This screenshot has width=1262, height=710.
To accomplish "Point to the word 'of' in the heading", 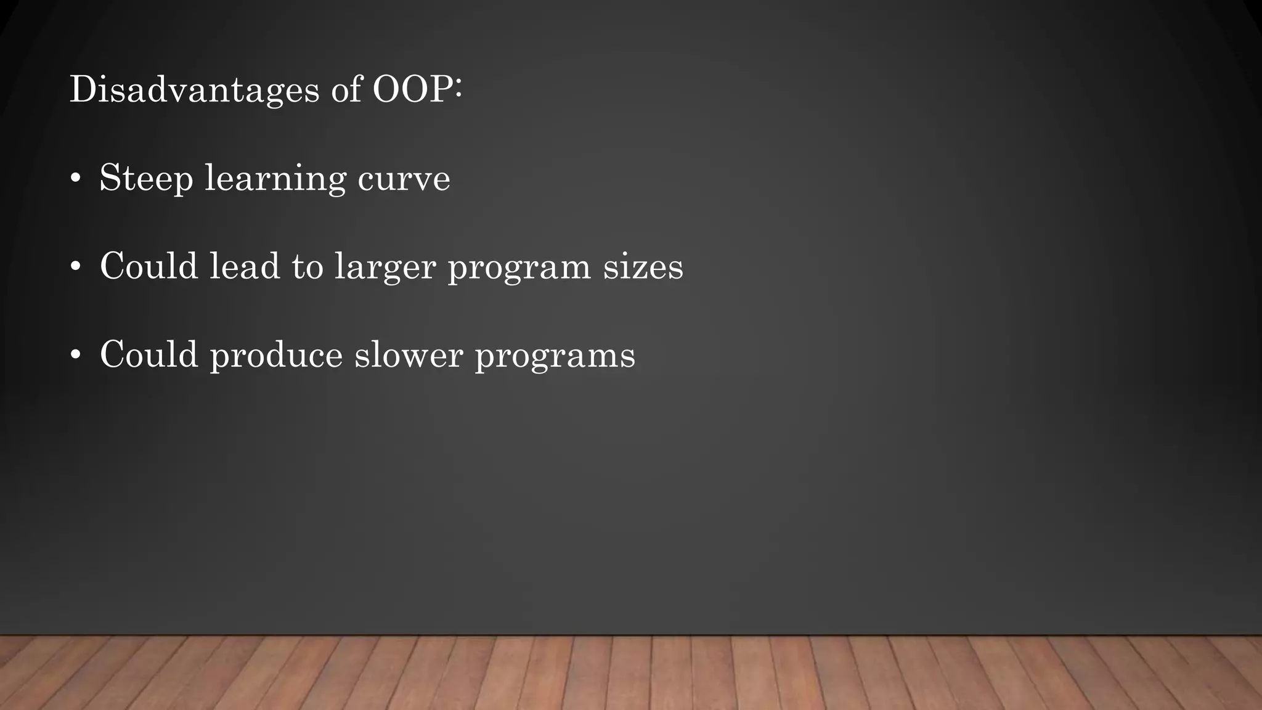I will [x=346, y=90].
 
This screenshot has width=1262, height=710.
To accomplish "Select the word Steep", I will [x=146, y=179].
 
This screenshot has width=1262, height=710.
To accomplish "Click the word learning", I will [x=275, y=179].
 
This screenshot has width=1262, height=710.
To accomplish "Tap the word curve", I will [x=404, y=179].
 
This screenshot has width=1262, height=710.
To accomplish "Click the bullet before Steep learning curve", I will [x=75, y=179].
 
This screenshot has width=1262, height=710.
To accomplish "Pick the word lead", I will [x=245, y=267].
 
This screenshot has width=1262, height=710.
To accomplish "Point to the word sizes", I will [x=643, y=267].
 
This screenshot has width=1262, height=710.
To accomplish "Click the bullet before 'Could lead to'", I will [x=75, y=267].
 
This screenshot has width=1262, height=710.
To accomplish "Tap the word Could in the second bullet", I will [x=149, y=267].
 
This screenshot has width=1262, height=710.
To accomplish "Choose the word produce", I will [x=276, y=356].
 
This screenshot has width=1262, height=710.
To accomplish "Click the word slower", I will [x=408, y=356].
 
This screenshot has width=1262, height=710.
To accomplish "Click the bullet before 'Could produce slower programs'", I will [x=75, y=356].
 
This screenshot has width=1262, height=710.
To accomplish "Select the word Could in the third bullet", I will [x=149, y=356].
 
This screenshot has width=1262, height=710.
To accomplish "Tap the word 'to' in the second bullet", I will [x=307, y=267].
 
